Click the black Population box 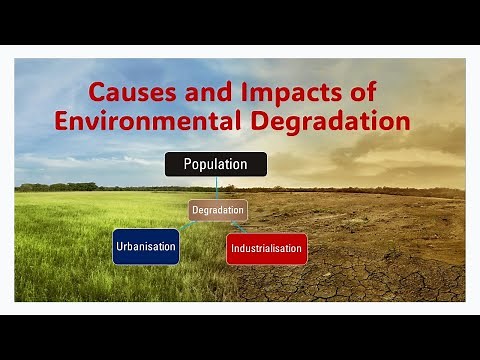click(215, 164)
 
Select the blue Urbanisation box click(146, 246)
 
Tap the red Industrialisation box click(266, 248)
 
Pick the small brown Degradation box click(218, 210)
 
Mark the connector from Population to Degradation click(217, 189)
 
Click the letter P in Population click(188, 164)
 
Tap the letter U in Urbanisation click(120, 246)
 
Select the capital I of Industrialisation click(233, 248)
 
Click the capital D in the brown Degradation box click(195, 210)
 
